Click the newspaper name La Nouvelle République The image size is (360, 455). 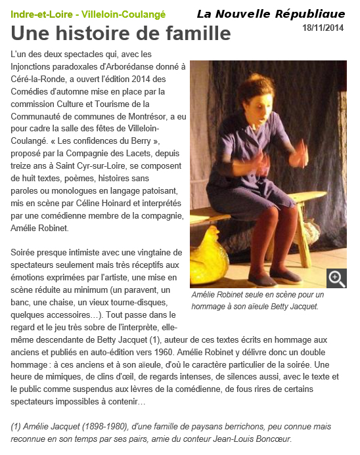coord(271,14)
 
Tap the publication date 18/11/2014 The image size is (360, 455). coord(323,28)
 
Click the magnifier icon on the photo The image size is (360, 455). coord(336,278)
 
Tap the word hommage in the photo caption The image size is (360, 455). coord(210,307)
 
